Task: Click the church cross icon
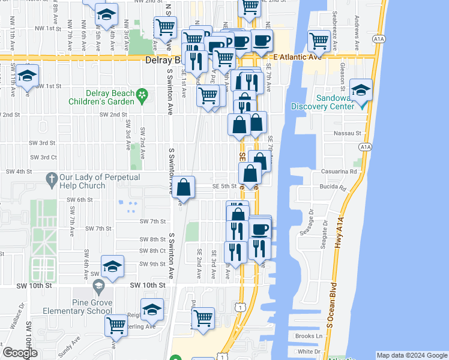(52, 178)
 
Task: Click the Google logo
(20, 353)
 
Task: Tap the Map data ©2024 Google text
(411, 355)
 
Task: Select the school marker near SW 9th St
(112, 267)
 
